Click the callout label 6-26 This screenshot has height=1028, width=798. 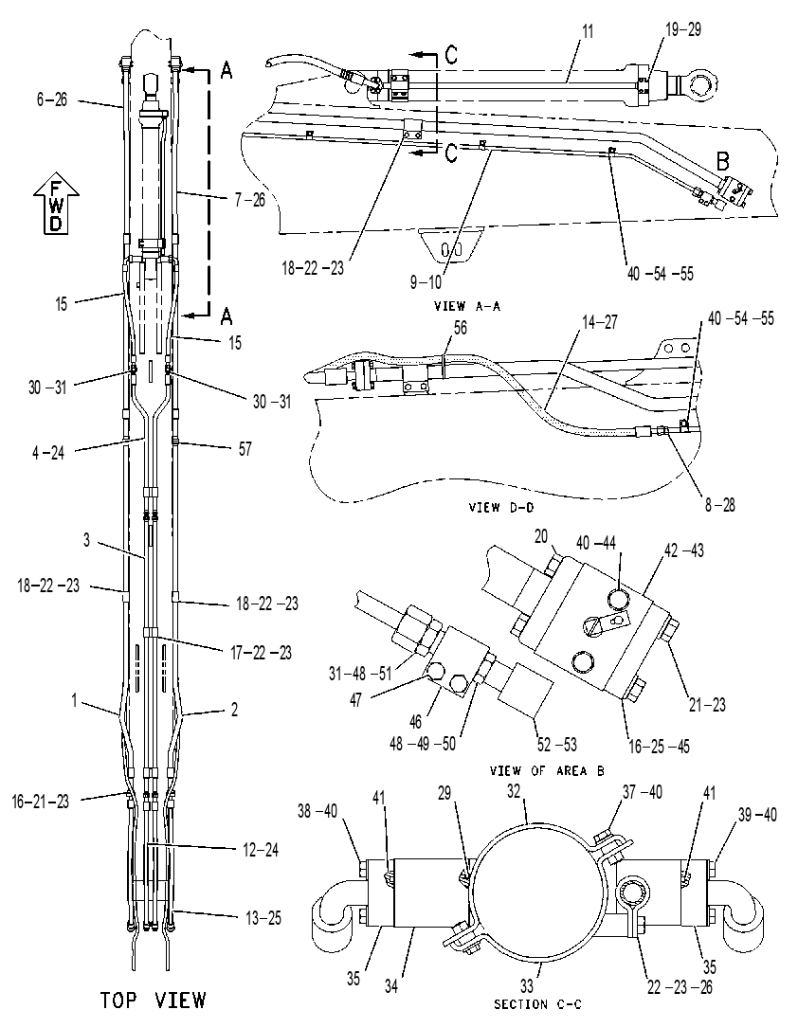tap(52, 100)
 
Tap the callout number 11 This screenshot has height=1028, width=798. tap(588, 31)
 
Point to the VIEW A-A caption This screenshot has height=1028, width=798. tap(467, 305)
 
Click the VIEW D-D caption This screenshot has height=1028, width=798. tap(502, 507)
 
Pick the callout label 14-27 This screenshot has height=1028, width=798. tap(599, 322)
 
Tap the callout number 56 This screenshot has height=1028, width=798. tap(461, 327)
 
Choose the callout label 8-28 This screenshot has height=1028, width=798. tap(719, 505)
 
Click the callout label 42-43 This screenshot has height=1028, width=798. tap(683, 550)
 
